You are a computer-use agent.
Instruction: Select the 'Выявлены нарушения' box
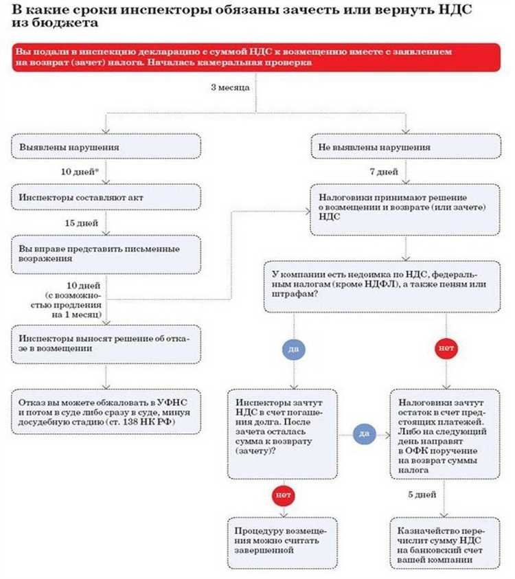tap(106, 147)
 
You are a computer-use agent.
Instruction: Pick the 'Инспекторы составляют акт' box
tap(106, 198)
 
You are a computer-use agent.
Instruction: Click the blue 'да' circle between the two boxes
tap(364, 434)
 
